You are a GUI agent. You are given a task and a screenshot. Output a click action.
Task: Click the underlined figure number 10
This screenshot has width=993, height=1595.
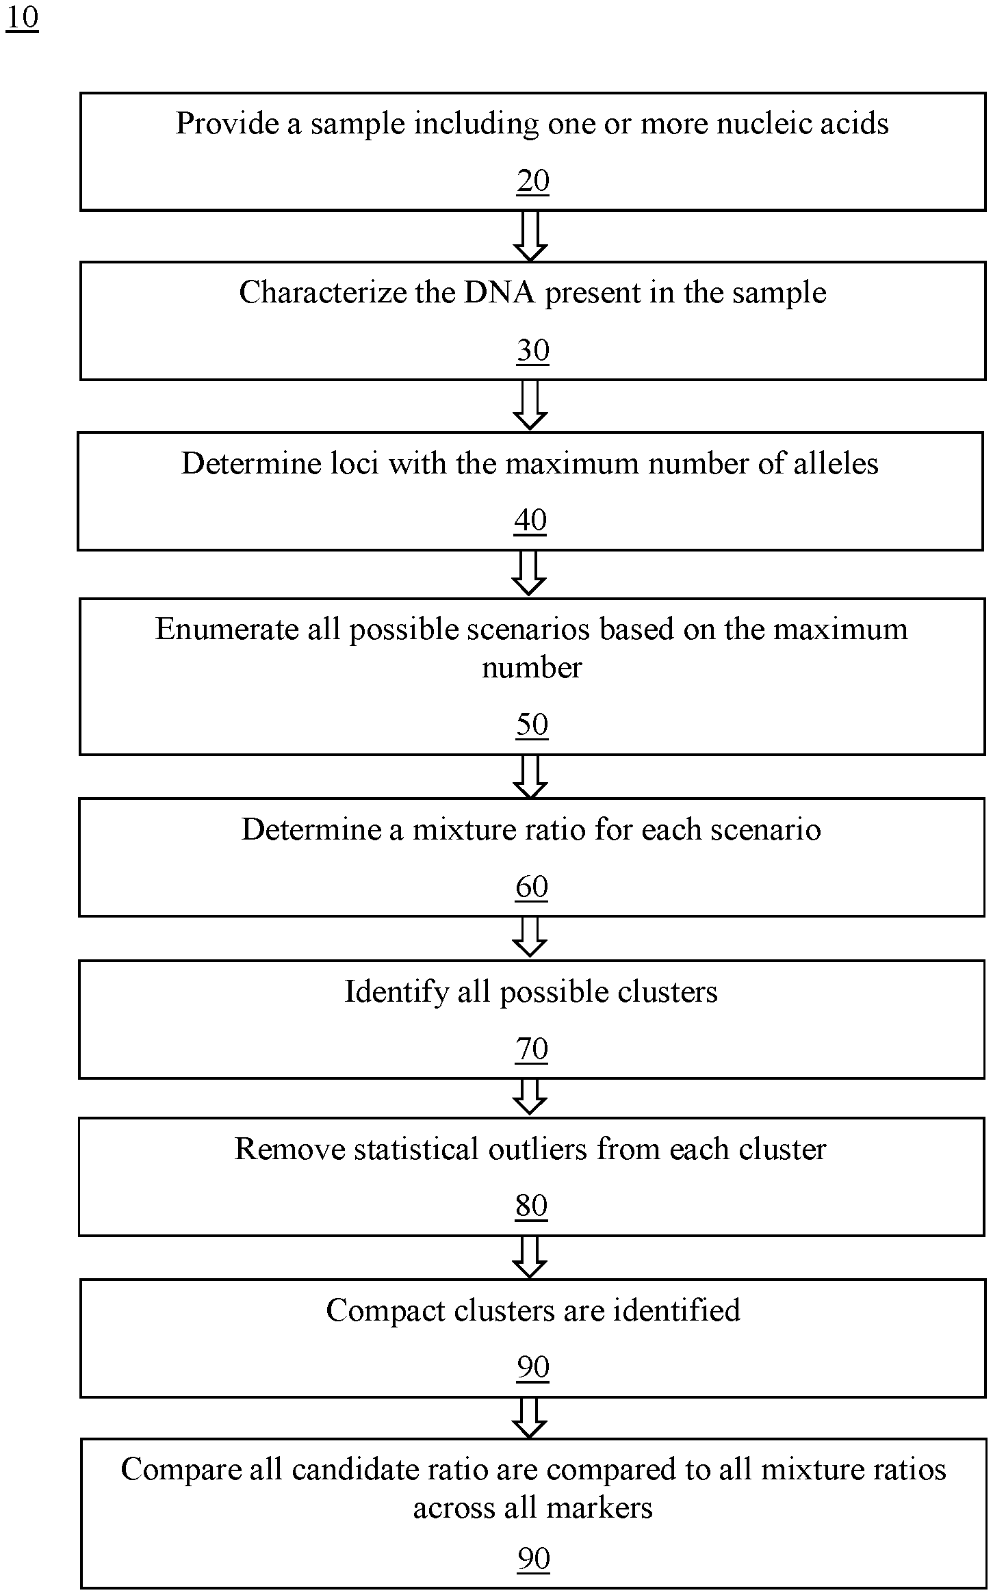coord(22,18)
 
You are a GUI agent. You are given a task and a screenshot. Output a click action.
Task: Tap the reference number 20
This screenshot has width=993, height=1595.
coord(533,181)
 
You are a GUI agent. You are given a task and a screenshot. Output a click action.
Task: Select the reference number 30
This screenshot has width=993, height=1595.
coord(533,350)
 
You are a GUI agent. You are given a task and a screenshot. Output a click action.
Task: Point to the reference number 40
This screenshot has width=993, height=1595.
coord(530,520)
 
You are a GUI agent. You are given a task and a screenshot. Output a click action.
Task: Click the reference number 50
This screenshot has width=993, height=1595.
coord(532,725)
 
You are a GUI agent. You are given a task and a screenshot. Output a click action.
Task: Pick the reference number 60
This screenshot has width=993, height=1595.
coord(532,887)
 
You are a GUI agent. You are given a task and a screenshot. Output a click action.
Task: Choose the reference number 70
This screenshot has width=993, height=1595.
coord(532,1049)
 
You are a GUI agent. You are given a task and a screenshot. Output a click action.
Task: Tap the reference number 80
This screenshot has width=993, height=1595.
coord(532,1206)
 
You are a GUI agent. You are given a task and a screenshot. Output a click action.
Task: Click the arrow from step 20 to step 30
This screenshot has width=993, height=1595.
coord(530,236)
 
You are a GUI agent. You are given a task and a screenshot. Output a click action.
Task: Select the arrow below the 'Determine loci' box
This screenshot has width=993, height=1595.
coord(529,573)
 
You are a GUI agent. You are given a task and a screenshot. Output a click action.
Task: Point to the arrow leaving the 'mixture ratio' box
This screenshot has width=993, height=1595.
coord(530,937)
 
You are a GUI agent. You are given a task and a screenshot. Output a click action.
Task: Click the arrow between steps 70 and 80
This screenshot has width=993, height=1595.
coord(530,1098)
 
